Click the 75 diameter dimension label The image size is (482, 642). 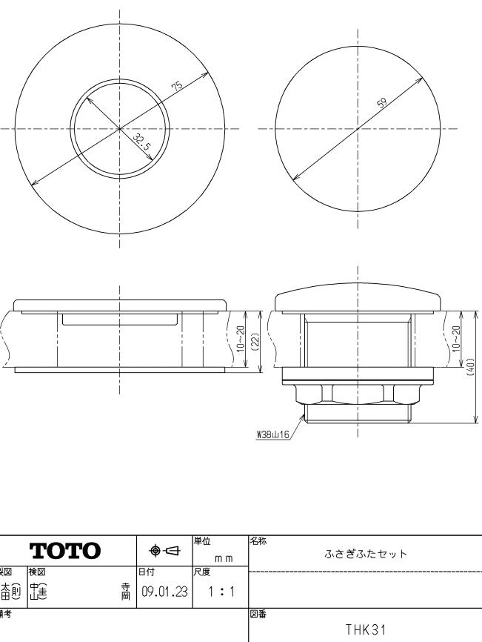click(x=177, y=87)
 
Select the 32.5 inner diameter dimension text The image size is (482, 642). click(x=142, y=142)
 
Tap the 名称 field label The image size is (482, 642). click(x=257, y=541)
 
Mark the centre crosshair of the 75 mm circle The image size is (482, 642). click(x=121, y=128)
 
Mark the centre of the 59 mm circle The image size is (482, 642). click(x=358, y=128)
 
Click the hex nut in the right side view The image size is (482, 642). click(x=358, y=393)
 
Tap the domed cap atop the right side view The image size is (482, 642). click(x=358, y=300)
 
